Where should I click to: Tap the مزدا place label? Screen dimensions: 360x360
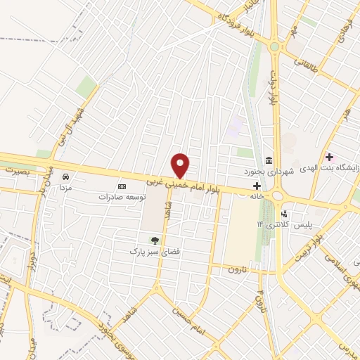65,188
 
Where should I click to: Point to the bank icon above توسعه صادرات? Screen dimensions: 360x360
122,186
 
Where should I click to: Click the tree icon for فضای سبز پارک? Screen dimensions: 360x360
154,240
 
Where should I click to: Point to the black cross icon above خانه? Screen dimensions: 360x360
257,186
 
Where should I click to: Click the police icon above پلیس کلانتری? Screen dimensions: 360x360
284,213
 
